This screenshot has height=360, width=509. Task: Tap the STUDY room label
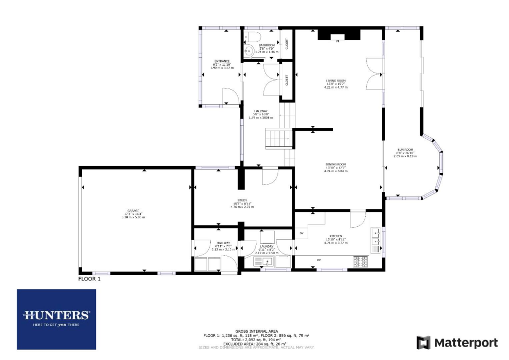pyautogui.click(x=242, y=200)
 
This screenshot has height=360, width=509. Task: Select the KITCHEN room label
pyautogui.click(x=336, y=236)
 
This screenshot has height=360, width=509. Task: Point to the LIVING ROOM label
pyautogui.click(x=336, y=81)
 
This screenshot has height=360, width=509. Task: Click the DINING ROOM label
pyautogui.click(x=336, y=165)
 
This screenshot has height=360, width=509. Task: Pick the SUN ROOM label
pyautogui.click(x=405, y=149)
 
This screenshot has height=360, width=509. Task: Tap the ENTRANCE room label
pyautogui.click(x=221, y=61)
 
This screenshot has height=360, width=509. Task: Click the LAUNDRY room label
pyautogui.click(x=267, y=246)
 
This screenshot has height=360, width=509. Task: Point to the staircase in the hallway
pyautogui.click(x=276, y=138)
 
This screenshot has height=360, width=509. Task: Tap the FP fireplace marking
pyautogui.click(x=338, y=41)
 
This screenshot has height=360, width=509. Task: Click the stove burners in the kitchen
pyautogui.click(x=360, y=260)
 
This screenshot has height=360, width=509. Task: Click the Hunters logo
pyautogui.click(x=56, y=315)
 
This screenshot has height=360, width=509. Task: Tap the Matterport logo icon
pyautogui.click(x=424, y=343)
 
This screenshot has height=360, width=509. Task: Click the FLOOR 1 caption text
pyautogui.click(x=89, y=279)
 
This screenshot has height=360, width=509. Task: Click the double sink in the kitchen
pyautogui.click(x=375, y=237)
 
